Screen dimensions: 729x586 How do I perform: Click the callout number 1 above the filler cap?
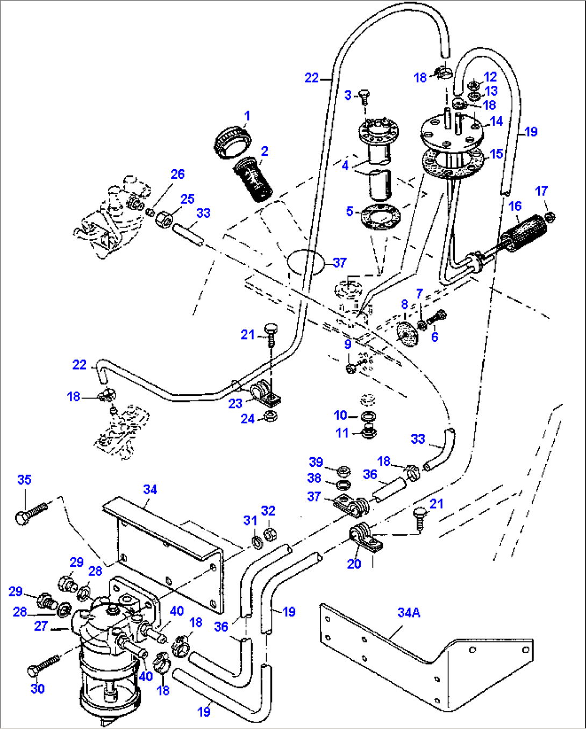(x=247, y=116)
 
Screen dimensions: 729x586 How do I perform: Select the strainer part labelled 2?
(x=253, y=179)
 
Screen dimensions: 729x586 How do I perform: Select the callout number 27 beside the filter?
(x=41, y=626)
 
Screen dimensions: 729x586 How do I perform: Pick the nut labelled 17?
(x=549, y=217)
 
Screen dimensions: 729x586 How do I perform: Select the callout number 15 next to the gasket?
(x=496, y=154)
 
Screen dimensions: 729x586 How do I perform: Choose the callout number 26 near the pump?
(x=177, y=174)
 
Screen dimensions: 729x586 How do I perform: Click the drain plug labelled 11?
(x=368, y=431)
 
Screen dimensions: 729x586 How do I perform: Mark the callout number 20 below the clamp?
(x=354, y=564)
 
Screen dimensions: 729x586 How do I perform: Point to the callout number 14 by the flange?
(x=496, y=121)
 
